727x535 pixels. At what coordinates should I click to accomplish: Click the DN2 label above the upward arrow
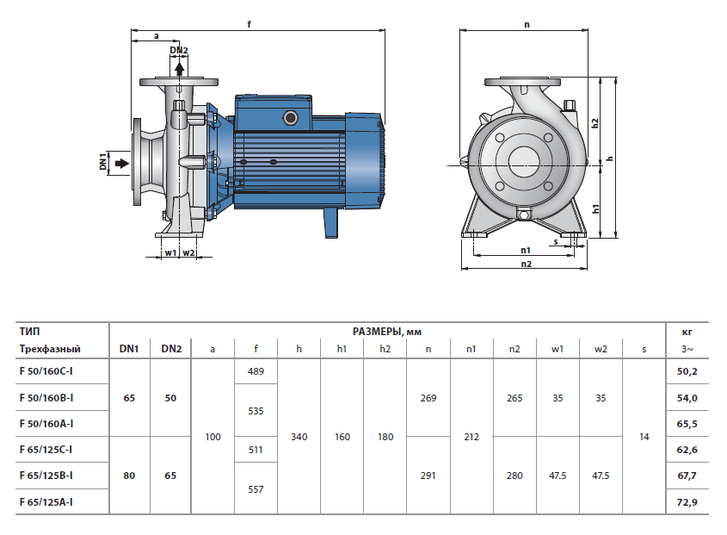click(x=179, y=51)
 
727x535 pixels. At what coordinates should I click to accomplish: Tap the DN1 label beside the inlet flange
click(x=102, y=161)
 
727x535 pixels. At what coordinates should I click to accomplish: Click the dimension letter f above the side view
click(x=249, y=24)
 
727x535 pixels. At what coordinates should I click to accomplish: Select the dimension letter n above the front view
click(x=526, y=24)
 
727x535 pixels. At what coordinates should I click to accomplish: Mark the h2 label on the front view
click(x=595, y=122)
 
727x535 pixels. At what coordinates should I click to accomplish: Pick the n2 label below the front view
click(x=526, y=264)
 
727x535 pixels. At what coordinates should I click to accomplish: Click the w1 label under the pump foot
click(x=169, y=252)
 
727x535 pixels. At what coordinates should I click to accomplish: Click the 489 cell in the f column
click(x=256, y=372)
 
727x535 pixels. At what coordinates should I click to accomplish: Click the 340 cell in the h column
click(x=299, y=437)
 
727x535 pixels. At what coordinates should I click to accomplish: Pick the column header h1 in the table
click(x=342, y=349)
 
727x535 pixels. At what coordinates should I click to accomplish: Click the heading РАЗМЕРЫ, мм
click(x=386, y=332)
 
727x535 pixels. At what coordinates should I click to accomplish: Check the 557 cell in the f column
click(x=256, y=488)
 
